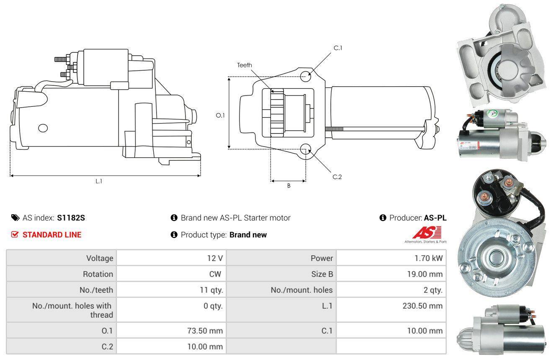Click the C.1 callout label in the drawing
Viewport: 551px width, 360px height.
click(338, 48)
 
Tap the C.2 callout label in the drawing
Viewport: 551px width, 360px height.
click(337, 177)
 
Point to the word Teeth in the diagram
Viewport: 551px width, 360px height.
click(245, 65)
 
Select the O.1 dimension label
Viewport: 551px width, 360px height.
click(220, 115)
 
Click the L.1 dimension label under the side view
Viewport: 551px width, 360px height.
click(99, 181)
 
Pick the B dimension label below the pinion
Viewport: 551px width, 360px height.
click(289, 186)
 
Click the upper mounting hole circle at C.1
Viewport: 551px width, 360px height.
click(306, 76)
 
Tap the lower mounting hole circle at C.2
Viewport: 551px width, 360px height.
click(306, 149)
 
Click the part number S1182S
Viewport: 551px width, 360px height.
click(71, 218)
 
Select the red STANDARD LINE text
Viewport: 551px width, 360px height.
click(52, 235)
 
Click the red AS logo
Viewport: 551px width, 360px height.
click(427, 233)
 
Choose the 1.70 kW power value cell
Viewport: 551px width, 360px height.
click(391, 258)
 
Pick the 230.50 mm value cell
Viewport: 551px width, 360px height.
click(391, 310)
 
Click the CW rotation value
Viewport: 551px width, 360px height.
click(215, 274)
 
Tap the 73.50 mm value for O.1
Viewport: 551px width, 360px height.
click(205, 331)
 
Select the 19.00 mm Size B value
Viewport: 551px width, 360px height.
click(425, 274)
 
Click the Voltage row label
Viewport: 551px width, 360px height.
click(100, 258)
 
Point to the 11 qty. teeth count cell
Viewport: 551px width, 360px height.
click(171, 290)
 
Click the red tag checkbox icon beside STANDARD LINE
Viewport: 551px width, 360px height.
click(15, 234)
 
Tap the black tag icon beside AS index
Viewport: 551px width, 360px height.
click(15, 218)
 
